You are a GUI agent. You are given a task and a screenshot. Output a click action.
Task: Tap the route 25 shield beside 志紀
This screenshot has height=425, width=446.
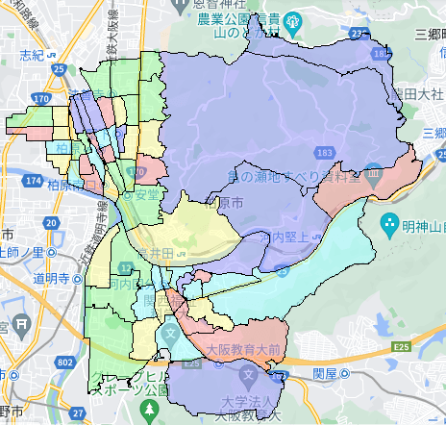(61, 68)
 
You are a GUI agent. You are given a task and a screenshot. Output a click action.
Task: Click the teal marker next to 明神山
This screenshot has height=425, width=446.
(388, 228)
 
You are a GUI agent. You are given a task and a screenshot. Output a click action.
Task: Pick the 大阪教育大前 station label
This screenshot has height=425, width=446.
(236, 348)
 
